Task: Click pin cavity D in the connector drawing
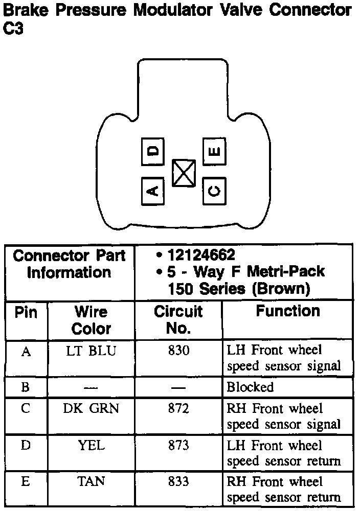point(152,151)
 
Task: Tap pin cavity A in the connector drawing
point(152,191)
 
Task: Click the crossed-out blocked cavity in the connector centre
point(184,173)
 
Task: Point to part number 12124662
point(201,255)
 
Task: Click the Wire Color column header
point(92,320)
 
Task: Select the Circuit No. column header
point(178,320)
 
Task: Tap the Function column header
point(288,311)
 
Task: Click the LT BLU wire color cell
point(92,351)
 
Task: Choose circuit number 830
point(178,351)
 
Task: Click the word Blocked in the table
point(250,387)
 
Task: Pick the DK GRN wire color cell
point(92,409)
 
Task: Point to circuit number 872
point(178,409)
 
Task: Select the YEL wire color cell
point(92,446)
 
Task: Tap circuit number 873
point(178,446)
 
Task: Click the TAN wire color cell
point(92,482)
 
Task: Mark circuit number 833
point(178,482)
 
